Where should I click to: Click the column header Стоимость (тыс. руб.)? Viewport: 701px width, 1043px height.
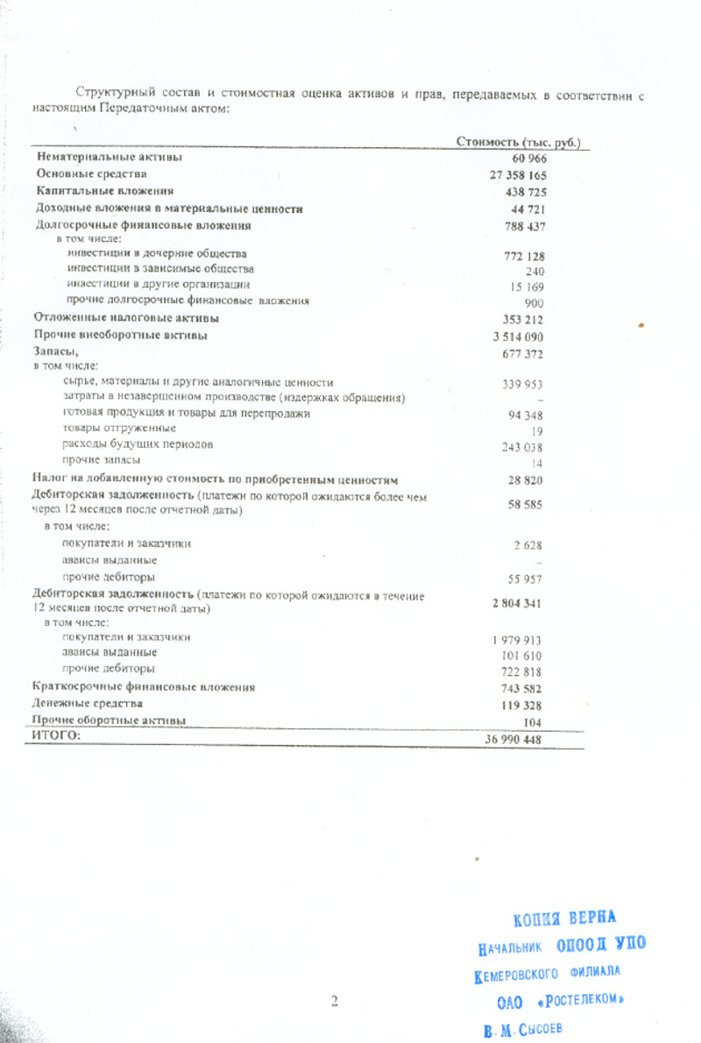tap(518, 142)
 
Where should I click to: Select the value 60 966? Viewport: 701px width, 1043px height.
tap(529, 158)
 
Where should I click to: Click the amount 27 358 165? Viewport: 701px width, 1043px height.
tap(518, 174)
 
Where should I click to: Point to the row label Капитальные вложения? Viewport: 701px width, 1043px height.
tap(104, 190)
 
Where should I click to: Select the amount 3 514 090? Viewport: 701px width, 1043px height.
tap(520, 336)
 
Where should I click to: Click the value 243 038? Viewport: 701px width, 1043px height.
tap(523, 446)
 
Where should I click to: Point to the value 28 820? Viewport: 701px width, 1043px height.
tap(526, 481)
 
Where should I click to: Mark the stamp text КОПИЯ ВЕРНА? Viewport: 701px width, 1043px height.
tap(564, 919)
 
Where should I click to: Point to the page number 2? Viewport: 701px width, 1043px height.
tap(334, 1001)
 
